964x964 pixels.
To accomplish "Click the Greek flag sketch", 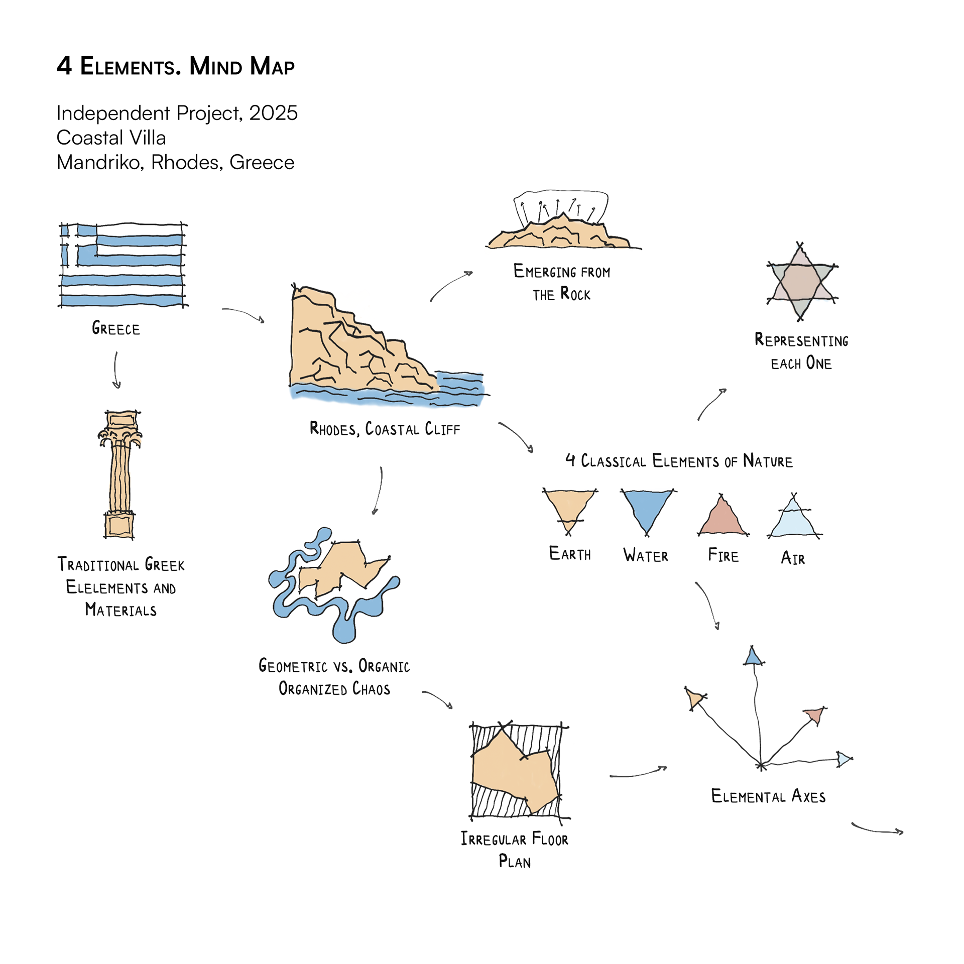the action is pos(123,265).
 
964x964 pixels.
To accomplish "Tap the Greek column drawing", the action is pos(119,474).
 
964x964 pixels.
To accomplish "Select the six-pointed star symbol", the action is pos(801,282).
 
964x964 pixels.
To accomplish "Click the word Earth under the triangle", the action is pos(570,554).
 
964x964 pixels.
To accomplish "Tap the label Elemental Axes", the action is pos(768,797).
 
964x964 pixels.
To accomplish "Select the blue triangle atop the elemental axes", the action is pos(753,657).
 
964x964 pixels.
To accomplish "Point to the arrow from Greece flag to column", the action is pos(116,370).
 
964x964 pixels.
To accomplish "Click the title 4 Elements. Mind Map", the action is pos(175,66).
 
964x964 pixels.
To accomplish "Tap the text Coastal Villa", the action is pos(111,138).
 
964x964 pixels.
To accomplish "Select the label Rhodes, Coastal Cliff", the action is pos(385,429).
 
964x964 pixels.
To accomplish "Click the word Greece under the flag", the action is pos(116,329).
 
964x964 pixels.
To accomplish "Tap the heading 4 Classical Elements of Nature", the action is pos(679,461).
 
